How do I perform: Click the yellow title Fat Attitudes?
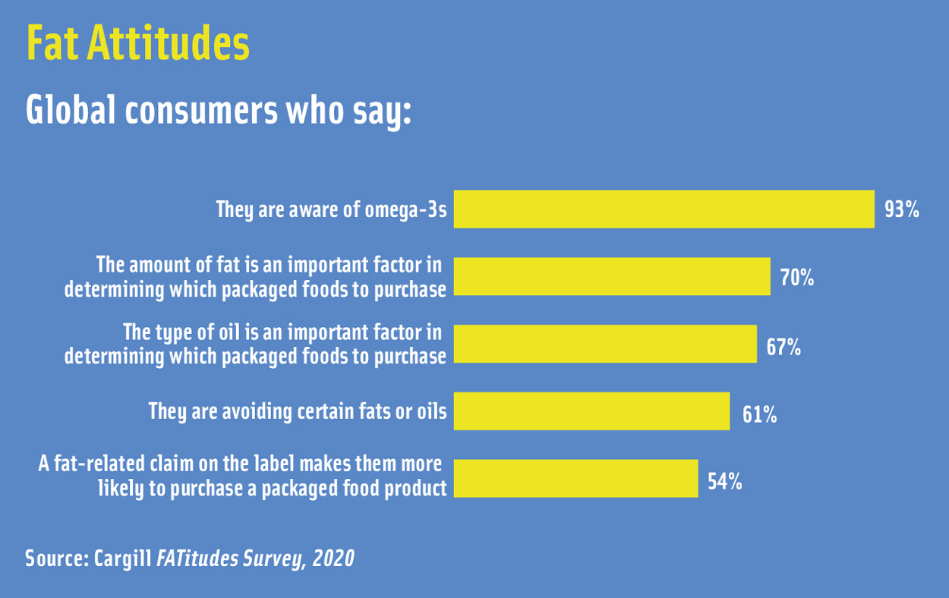pyautogui.click(x=137, y=44)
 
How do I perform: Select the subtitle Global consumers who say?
pyautogui.click(x=218, y=112)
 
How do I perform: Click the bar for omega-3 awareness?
pyautogui.click(x=664, y=209)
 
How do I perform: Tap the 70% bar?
pyautogui.click(x=612, y=276)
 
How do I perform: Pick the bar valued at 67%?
pyautogui.click(x=605, y=344)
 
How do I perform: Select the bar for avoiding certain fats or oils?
pyautogui.click(x=591, y=411)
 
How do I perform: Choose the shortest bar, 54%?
pyautogui.click(x=575, y=478)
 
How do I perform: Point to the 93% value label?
pyautogui.click(x=901, y=210)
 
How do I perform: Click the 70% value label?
pyautogui.click(x=797, y=278)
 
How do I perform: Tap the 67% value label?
pyautogui.click(x=783, y=348)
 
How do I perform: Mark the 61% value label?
pyautogui.click(x=759, y=414)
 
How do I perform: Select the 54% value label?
pyautogui.click(x=724, y=481)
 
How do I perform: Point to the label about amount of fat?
pyautogui.click(x=256, y=277)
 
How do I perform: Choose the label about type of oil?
pyautogui.click(x=256, y=344)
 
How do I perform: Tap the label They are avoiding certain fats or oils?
pyautogui.click(x=298, y=411)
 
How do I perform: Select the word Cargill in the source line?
pyautogui.click(x=123, y=559)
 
